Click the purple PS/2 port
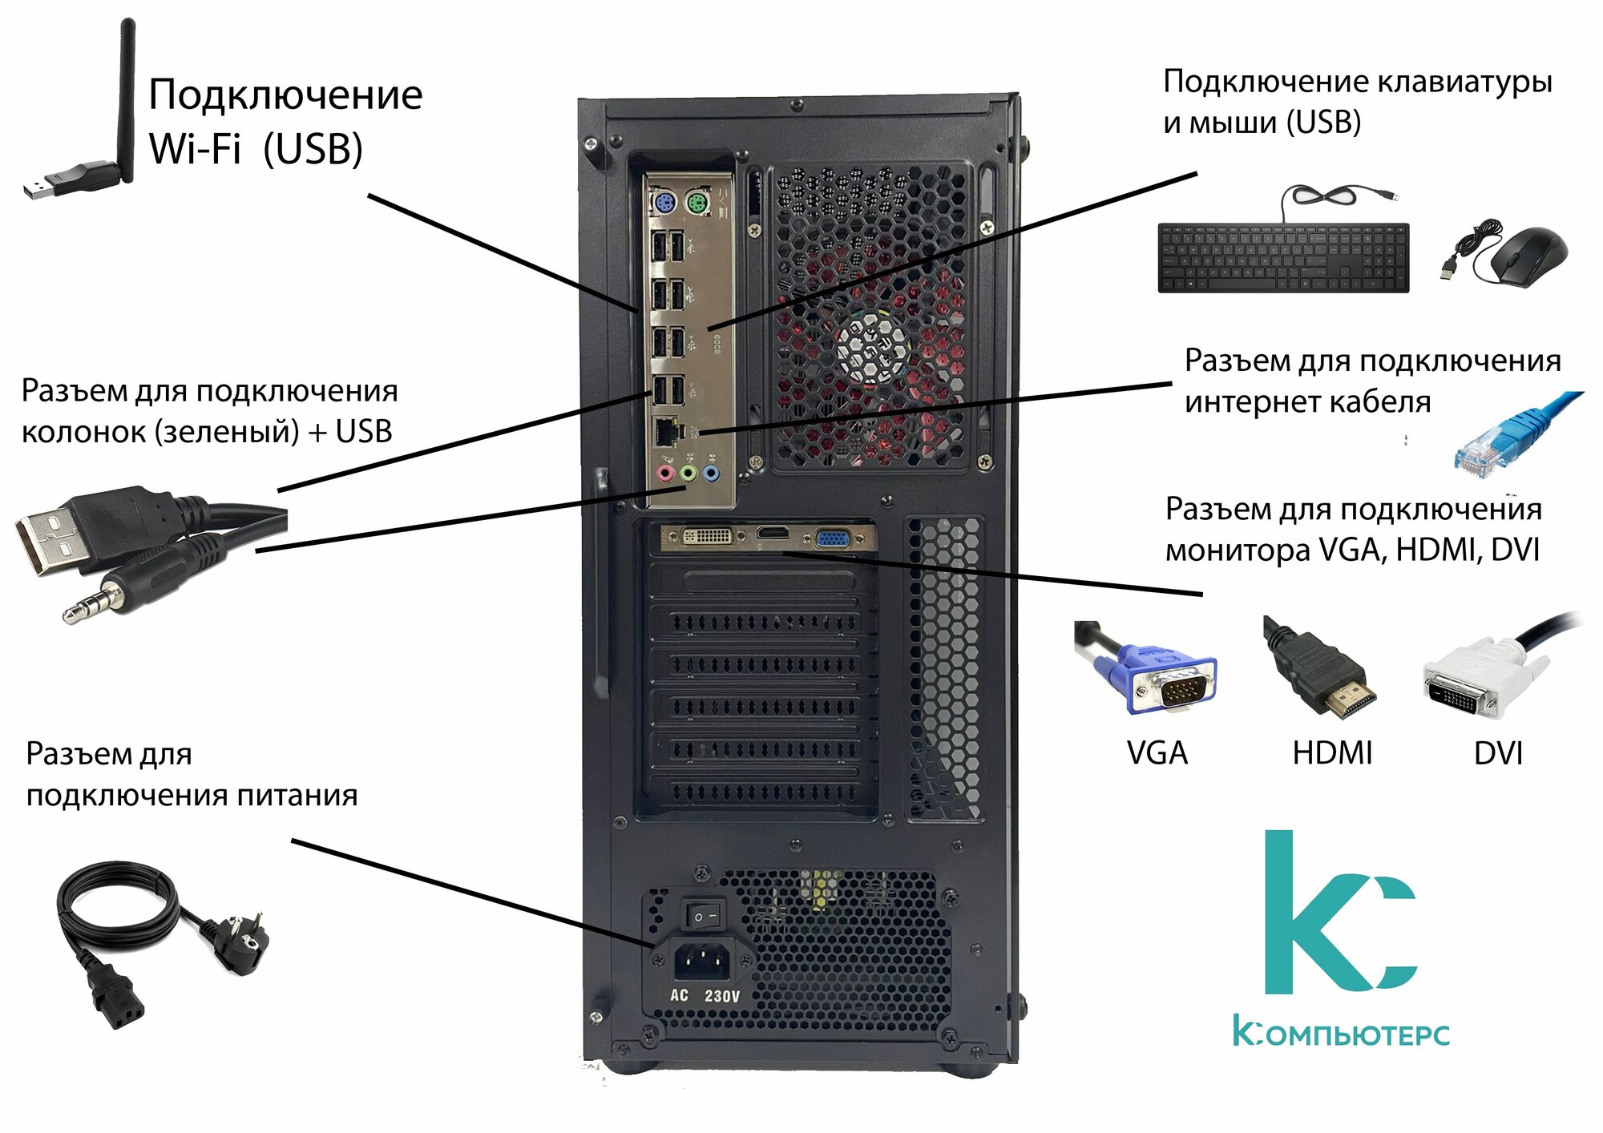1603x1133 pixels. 663,204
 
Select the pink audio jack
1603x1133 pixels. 664,473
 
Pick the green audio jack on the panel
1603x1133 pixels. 688,473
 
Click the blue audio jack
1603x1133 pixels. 711,473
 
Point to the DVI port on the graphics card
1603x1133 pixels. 705,536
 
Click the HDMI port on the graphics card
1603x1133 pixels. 773,534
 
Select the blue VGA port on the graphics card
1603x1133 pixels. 834,538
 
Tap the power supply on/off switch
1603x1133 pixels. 705,915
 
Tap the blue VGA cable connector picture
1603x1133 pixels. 1154,673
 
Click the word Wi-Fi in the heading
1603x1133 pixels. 195,149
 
